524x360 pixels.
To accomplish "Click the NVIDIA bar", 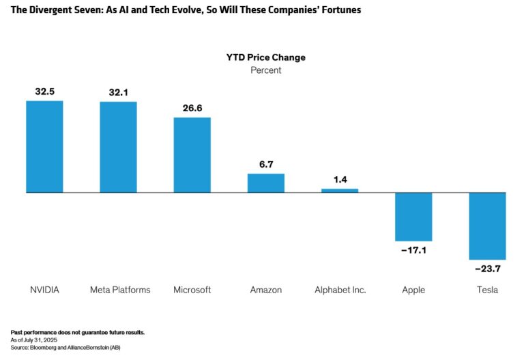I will click(44, 147).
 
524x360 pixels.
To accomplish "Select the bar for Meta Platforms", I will click(118, 147).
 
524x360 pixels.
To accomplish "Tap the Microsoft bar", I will click(192, 155).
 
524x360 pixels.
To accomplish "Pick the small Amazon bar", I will click(265, 183).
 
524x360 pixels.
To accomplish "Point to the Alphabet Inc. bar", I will click(340, 190).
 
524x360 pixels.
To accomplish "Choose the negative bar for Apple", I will click(413, 217).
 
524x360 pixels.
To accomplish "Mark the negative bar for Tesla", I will click(487, 226).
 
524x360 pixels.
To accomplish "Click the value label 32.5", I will click(44, 91).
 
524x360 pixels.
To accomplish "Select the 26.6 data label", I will click(192, 107).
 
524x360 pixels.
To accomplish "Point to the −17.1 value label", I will click(413, 251).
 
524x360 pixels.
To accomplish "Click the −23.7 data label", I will click(487, 269).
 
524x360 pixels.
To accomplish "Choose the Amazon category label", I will click(265, 290).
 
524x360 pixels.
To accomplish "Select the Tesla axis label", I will click(487, 290).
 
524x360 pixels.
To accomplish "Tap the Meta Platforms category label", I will click(120, 290).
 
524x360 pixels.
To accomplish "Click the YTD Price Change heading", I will click(265, 57).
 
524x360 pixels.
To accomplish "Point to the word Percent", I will click(265, 70).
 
